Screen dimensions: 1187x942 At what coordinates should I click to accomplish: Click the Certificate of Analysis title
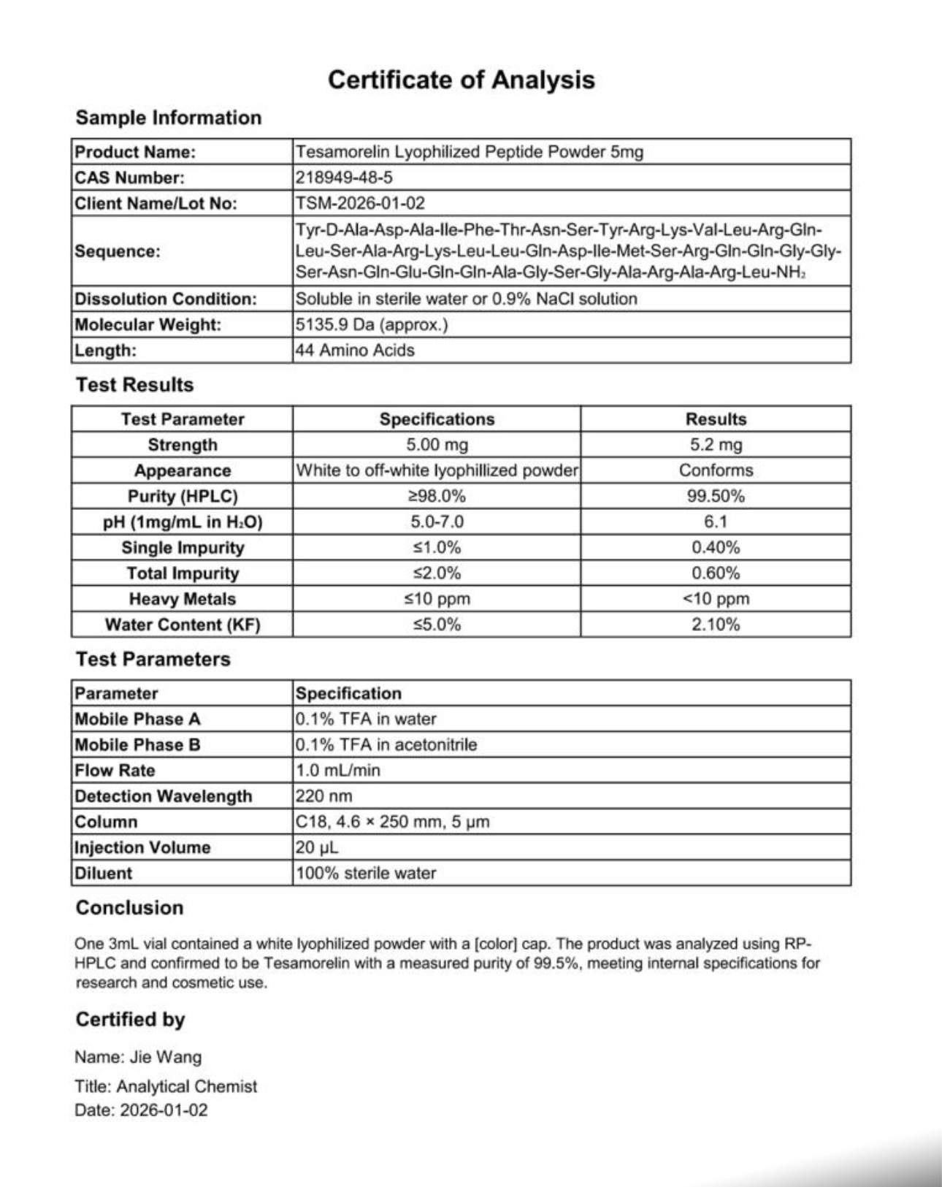coord(461,80)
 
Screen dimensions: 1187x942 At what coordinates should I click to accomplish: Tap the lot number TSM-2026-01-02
coord(360,203)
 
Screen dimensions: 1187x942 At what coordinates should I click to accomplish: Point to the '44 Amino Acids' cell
coord(355,350)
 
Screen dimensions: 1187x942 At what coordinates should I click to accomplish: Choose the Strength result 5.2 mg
coord(716,445)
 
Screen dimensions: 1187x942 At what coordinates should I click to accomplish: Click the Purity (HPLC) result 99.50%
coord(716,496)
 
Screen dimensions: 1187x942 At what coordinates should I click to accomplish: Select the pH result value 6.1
coord(716,522)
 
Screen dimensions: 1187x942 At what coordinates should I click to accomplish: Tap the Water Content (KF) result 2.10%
coord(716,625)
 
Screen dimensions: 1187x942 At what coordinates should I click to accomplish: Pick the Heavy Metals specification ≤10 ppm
coord(437,599)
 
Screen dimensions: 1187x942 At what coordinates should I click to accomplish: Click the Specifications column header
coord(437,419)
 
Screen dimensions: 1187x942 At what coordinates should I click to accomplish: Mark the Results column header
coord(716,419)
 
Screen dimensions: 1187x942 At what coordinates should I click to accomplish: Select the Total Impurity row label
coord(183,573)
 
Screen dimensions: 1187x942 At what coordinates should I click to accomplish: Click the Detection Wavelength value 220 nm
coord(323,795)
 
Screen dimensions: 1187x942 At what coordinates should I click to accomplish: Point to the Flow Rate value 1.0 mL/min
coord(338,770)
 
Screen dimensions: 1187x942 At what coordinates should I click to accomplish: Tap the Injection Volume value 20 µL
coord(317,847)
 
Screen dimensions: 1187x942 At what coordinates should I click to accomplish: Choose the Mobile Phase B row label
coord(137,744)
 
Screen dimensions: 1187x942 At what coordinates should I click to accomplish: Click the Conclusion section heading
coord(129,907)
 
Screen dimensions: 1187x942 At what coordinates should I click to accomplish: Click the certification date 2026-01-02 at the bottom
coord(164,1110)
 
